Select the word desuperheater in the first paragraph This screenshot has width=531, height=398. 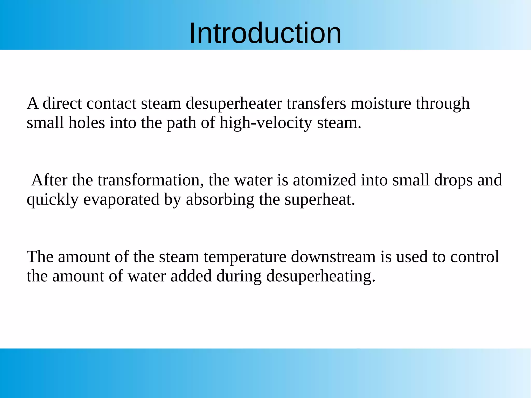(234, 103)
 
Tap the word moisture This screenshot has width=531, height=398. (381, 103)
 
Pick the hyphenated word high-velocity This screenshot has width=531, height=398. (266, 123)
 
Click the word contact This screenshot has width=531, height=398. (111, 103)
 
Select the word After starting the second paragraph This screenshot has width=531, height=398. (49, 180)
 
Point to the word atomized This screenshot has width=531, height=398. (324, 180)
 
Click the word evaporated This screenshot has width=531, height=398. (121, 200)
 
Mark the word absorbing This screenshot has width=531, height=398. (220, 200)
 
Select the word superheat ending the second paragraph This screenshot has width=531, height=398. (319, 200)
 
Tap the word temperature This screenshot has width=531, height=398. (245, 257)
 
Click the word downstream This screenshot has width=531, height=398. (333, 257)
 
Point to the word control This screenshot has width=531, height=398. (474, 257)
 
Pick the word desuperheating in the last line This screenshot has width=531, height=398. (321, 276)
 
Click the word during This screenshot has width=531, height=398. (239, 276)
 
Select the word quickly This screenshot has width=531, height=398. (53, 200)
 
